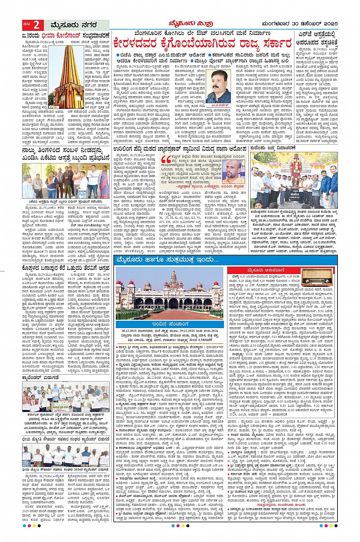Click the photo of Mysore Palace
(x=169, y=293)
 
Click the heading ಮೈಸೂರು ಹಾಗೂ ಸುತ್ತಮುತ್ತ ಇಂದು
(x=168, y=260)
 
